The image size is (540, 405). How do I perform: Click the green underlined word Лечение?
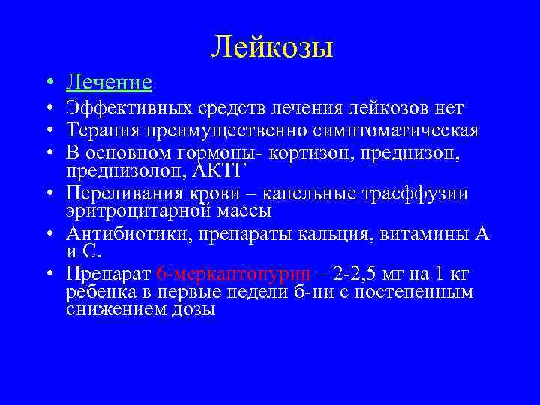click(109, 81)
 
